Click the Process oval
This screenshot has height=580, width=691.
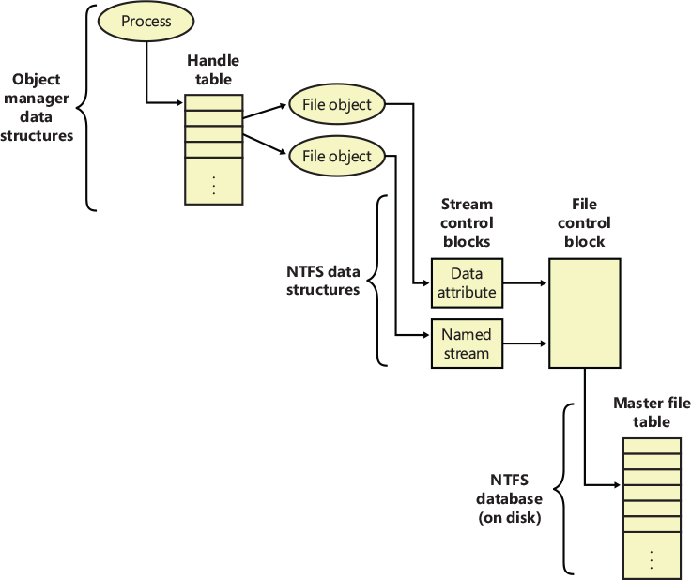tap(146, 22)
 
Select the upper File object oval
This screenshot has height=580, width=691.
tap(337, 105)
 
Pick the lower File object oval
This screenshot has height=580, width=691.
tap(337, 157)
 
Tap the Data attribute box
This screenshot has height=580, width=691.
tap(466, 282)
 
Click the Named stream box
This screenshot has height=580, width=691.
tap(466, 344)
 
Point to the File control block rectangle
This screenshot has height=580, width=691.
tap(584, 313)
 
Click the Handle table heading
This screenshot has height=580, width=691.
tap(213, 69)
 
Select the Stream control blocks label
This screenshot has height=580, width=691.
tap(467, 222)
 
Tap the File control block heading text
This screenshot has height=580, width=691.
tap(583, 222)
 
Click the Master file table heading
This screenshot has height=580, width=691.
tap(652, 412)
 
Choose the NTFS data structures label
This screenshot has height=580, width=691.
tap(323, 281)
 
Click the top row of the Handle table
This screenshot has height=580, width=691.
tap(214, 103)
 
